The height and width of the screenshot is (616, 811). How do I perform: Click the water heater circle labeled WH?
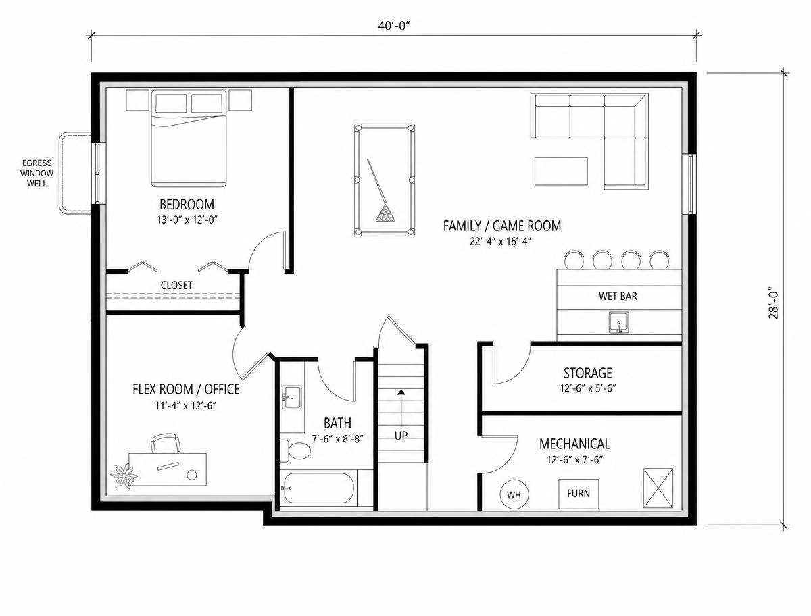(x=514, y=494)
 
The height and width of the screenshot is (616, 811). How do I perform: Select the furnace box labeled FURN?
(x=579, y=494)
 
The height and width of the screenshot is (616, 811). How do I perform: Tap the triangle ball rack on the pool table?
(x=385, y=213)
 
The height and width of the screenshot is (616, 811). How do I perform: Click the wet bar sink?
(x=618, y=323)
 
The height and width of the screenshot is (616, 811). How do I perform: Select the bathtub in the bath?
(x=318, y=488)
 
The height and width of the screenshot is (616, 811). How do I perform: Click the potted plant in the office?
(x=124, y=476)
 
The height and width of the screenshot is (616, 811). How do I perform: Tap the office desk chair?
(x=166, y=443)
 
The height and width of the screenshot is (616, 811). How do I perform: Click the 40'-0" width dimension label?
(x=394, y=26)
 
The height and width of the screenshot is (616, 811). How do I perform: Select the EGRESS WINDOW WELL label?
(x=37, y=173)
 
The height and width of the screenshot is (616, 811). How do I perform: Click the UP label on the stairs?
(x=401, y=436)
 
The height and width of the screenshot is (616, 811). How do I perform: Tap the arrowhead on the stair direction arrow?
(x=401, y=392)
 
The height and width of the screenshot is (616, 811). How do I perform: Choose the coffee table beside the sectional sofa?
(x=561, y=172)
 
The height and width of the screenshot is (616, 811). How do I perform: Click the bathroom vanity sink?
(x=292, y=397)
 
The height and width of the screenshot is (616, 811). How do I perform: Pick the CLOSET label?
(x=176, y=285)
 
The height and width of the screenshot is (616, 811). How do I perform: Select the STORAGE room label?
(x=587, y=373)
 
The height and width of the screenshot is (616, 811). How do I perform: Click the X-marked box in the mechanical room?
(x=658, y=488)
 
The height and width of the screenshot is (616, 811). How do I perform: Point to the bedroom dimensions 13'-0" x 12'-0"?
(x=187, y=220)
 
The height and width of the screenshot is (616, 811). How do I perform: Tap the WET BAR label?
(x=618, y=296)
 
